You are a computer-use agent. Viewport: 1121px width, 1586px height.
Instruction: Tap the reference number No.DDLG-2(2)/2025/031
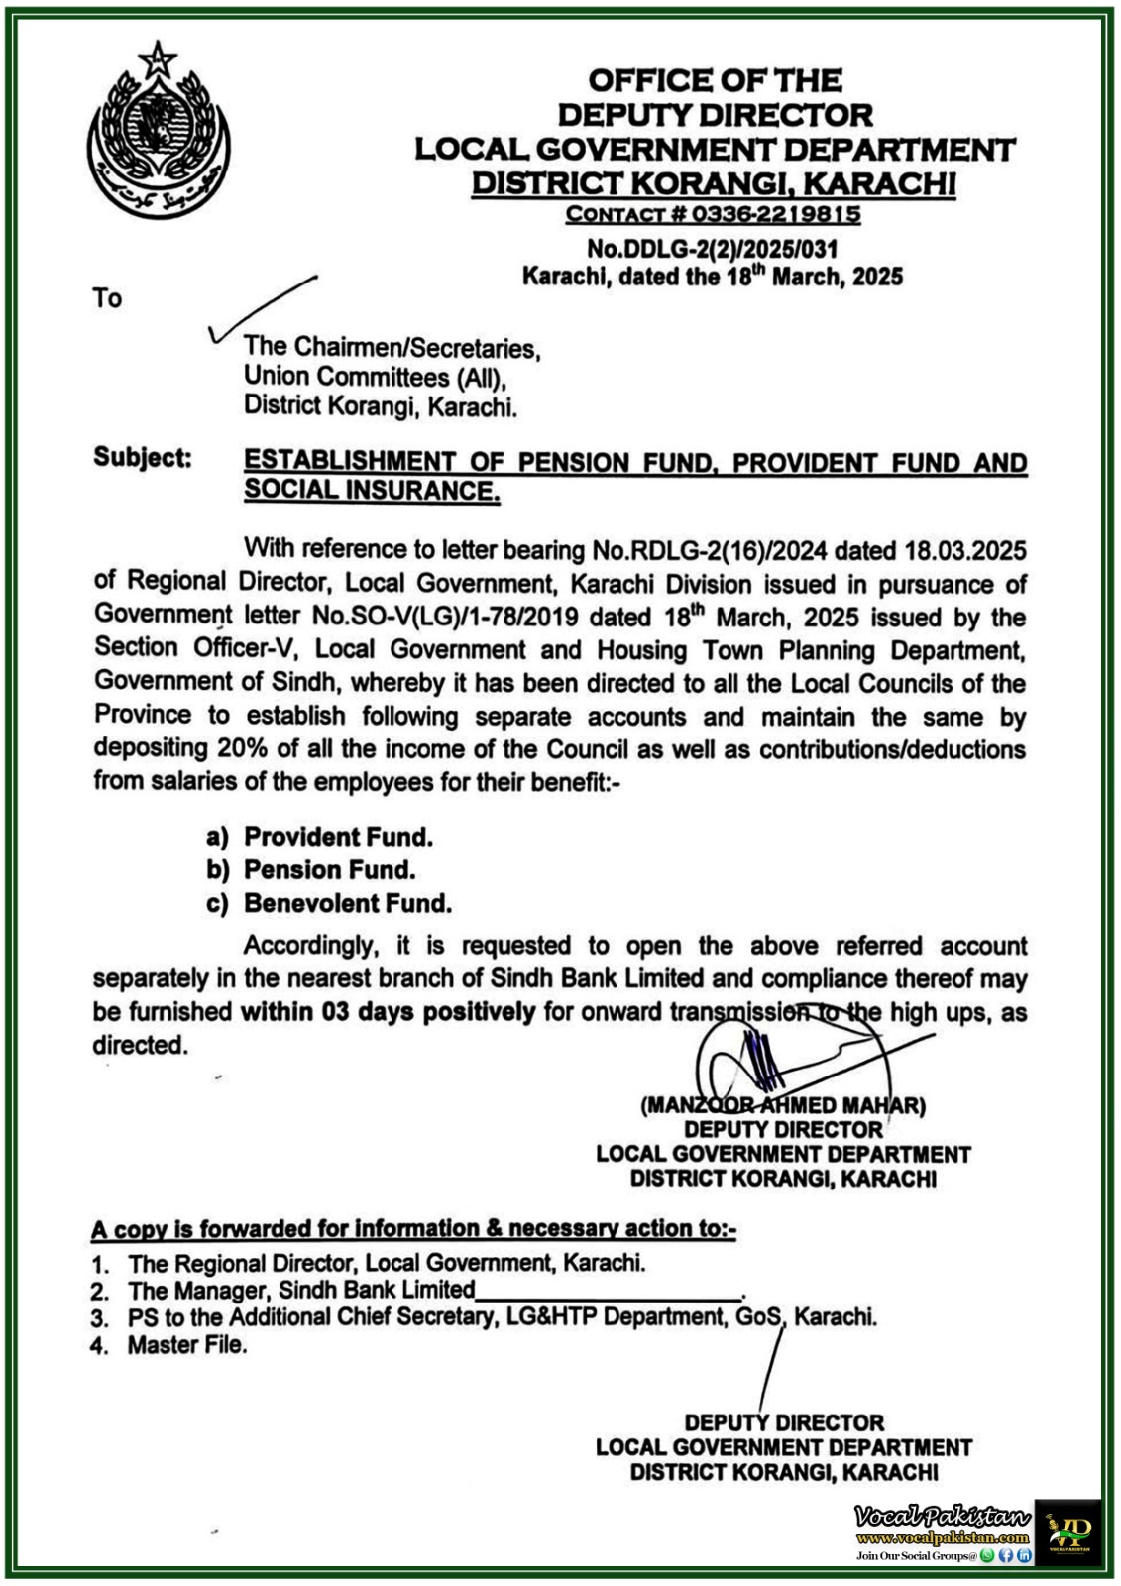713,250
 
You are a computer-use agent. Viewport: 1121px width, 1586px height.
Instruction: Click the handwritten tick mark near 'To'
260,308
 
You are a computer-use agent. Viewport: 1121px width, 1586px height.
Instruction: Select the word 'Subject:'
143,458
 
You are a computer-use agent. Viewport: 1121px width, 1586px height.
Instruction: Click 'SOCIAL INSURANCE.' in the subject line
372,490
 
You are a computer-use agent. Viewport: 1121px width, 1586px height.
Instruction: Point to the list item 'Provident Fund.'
338,837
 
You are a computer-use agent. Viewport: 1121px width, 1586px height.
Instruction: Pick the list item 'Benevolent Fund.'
348,903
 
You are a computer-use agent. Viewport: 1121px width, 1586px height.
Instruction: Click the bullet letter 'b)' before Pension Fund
218,870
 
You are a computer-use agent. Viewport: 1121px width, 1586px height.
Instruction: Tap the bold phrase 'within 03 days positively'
388,1012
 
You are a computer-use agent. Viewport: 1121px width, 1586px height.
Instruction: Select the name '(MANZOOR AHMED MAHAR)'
783,1105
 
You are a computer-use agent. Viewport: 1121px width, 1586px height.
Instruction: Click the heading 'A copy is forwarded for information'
413,1229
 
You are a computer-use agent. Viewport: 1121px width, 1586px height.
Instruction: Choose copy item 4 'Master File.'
186,1345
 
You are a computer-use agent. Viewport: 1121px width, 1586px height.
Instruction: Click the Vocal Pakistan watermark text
943,1518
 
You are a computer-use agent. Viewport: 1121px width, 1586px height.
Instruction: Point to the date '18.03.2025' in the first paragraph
963,549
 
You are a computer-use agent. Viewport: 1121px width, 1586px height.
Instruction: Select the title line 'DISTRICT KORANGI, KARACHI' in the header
714,183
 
